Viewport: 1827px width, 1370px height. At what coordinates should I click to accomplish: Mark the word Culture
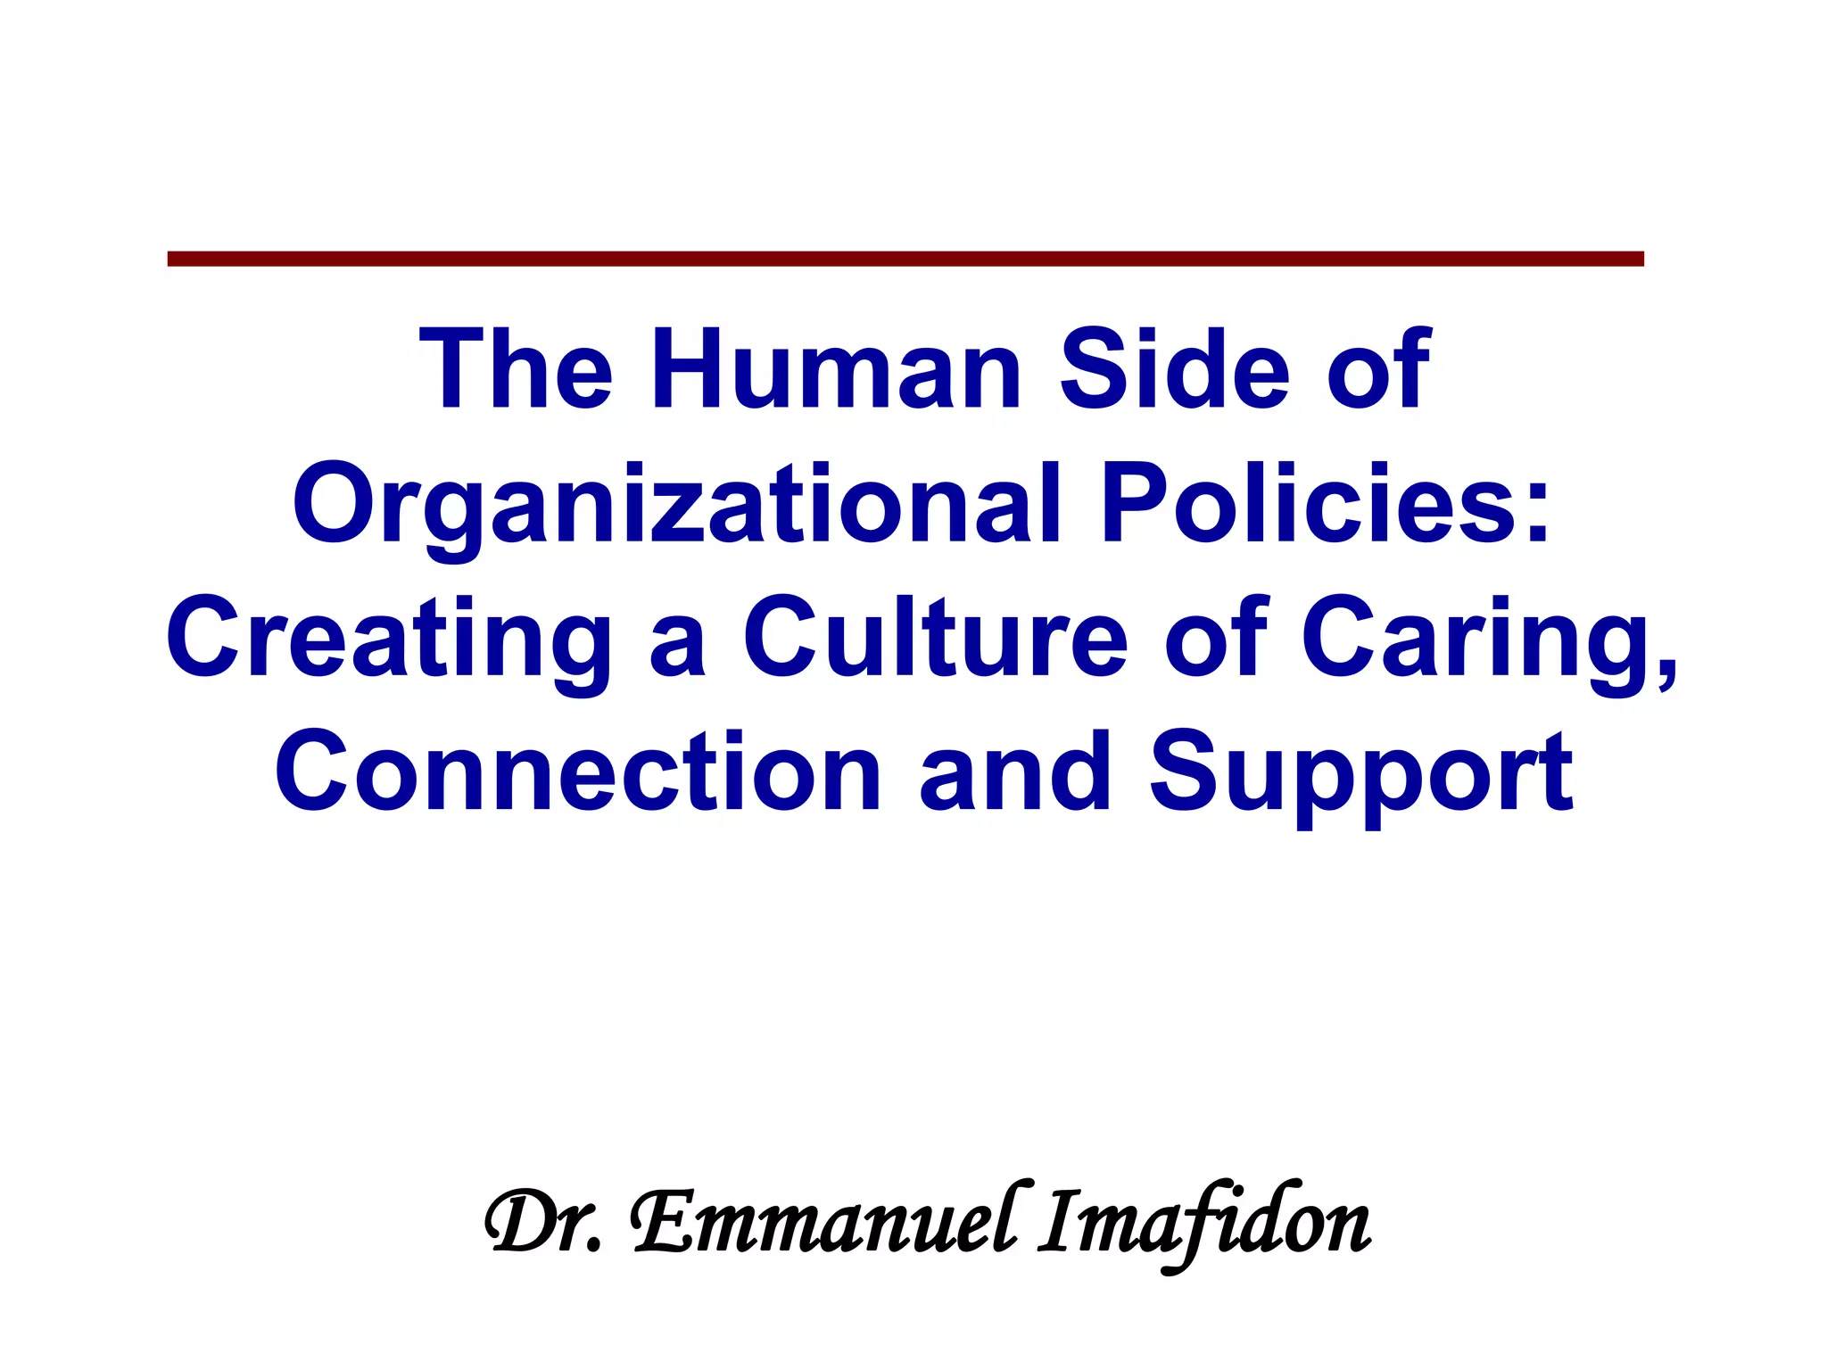click(936, 637)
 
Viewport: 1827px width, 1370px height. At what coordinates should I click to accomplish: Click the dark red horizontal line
click(905, 259)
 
